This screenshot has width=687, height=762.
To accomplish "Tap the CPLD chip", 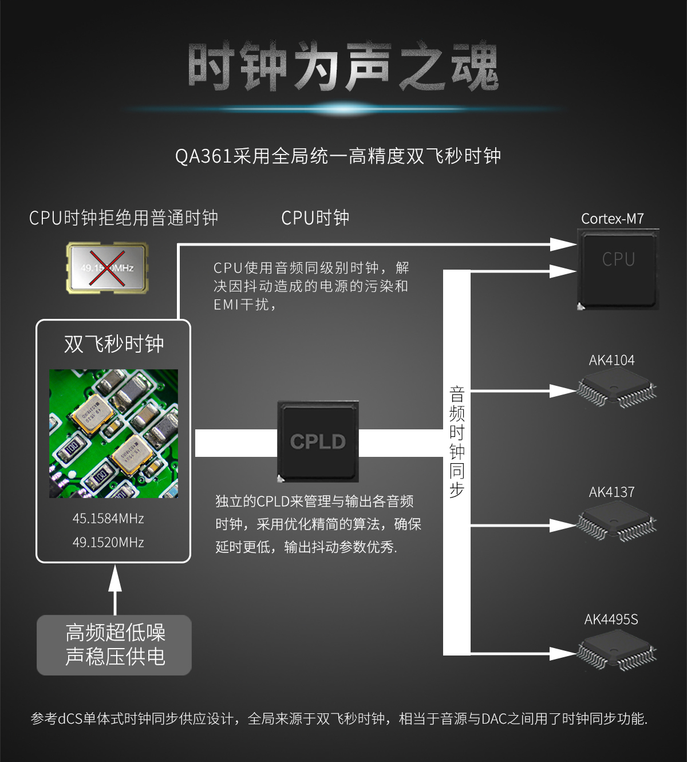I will coord(318,441).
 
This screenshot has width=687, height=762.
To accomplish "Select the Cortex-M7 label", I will coord(612,219).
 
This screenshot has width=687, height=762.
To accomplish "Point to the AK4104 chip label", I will coord(611,360).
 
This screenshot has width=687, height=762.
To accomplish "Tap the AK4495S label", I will coord(611,619).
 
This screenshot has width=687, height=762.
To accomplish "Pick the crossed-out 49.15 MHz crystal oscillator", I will coord(107,268).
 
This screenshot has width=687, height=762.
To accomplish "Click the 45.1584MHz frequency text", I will coord(108,519).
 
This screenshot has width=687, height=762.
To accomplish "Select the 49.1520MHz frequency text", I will coord(108,542).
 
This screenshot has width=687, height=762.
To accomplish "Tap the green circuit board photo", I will coord(113,433).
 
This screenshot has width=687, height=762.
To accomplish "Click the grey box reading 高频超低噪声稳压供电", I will coord(114,645).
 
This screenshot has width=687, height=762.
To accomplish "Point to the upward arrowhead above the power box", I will coord(115,579).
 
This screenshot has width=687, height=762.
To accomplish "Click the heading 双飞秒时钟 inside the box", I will coord(114,344).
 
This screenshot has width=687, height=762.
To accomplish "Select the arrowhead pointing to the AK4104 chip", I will coord(563,391).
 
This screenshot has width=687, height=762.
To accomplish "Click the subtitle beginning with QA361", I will coord(338,156).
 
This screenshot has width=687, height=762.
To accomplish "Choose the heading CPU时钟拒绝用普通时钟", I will coord(124,218).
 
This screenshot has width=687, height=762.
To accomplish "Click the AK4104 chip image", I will coord(617,388).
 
